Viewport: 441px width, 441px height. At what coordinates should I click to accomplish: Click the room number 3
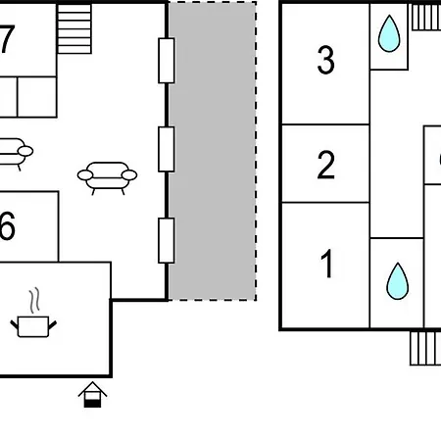tap(325, 60)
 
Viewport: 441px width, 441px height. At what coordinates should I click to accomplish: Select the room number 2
tap(325, 165)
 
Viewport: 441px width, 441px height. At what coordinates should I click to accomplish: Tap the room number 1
tap(326, 264)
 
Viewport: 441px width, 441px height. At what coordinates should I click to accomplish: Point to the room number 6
tap(7, 225)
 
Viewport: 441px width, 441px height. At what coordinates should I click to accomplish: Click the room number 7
tap(7, 39)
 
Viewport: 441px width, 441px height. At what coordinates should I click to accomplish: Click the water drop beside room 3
tap(389, 33)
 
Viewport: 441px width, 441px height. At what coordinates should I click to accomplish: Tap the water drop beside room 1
tap(397, 281)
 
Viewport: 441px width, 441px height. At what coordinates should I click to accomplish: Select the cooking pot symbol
tap(33, 326)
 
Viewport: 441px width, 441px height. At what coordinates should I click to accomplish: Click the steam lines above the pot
tap(34, 300)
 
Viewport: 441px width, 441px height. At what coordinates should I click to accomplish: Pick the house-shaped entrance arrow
tap(92, 395)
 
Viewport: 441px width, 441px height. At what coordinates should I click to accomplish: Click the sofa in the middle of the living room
tap(107, 177)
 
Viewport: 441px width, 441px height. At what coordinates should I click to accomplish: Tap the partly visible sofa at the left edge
tap(16, 154)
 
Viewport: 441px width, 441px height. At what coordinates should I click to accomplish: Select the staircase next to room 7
tap(74, 28)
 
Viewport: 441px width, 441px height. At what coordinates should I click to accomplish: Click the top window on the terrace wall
tap(167, 61)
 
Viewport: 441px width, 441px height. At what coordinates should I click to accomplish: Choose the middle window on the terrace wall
tap(167, 149)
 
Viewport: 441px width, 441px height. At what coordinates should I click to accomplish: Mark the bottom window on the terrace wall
tap(167, 240)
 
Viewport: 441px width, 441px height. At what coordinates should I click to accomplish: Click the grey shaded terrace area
tap(213, 151)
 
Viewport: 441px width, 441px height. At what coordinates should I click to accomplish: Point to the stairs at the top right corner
tap(426, 18)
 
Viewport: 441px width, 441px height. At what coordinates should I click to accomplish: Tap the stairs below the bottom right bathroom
tap(425, 348)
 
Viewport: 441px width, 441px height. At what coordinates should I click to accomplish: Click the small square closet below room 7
tap(37, 97)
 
